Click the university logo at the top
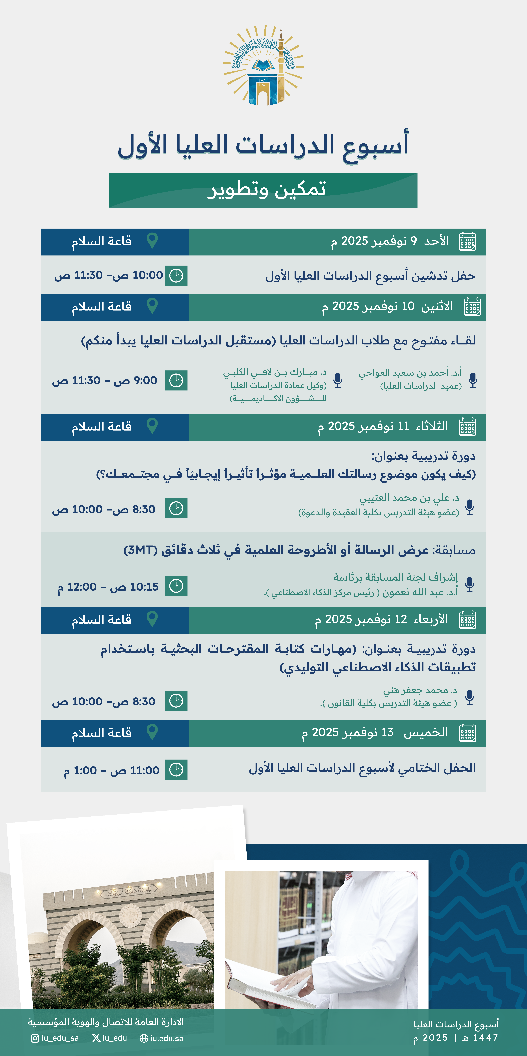point(263,66)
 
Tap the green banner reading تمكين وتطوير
point(263,190)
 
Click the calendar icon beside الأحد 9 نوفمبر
point(468,241)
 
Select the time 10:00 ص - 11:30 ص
point(109,276)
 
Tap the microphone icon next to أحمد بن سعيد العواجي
point(473,380)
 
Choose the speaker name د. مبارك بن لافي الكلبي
point(275,372)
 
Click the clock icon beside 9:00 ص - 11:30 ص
point(176,380)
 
